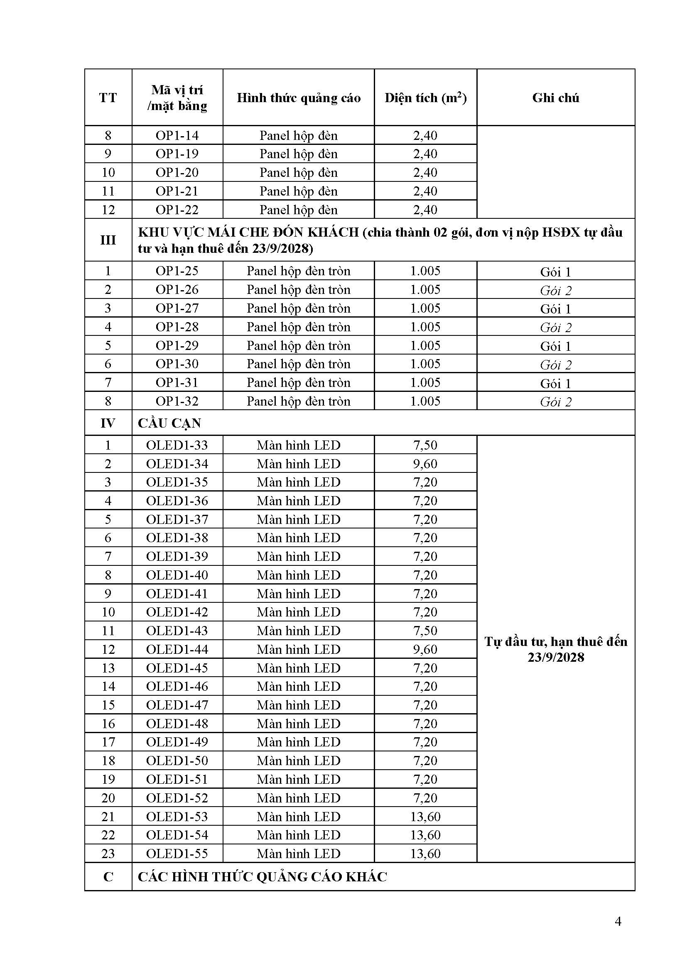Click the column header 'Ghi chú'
pos(555,98)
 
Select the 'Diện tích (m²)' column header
pos(425,98)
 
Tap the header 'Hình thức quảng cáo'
pos(299,98)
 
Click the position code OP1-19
pos(177,154)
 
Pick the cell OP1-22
pos(177,210)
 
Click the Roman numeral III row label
pos(108,240)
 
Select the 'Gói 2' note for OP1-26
pos(555,291)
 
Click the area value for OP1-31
pos(425,383)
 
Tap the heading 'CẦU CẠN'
pos(169,423)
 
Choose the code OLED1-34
pos(177,464)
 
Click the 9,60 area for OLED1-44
pos(425,649)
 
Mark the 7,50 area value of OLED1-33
pos(425,445)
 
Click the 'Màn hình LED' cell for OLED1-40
pos(299,575)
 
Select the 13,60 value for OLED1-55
pos(425,854)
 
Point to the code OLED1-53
pos(177,817)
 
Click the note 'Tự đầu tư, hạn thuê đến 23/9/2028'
pos(555,649)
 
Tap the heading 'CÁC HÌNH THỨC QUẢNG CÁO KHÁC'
pos(262,877)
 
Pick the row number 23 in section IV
pos(108,854)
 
